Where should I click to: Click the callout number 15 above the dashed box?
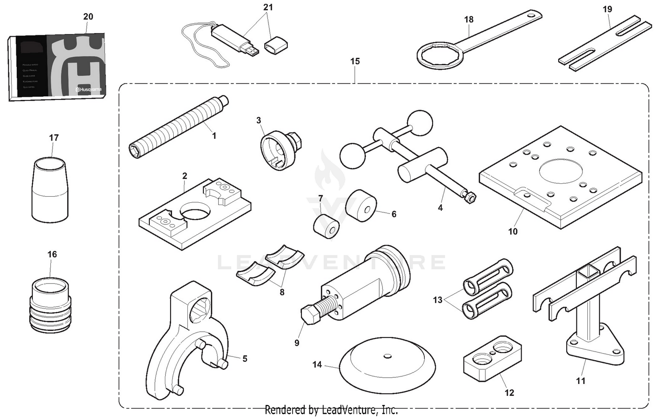pyautogui.click(x=355, y=61)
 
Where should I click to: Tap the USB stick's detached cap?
pyautogui.click(x=276, y=46)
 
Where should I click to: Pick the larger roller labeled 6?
pyautogui.click(x=361, y=206)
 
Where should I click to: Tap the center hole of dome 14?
pyautogui.click(x=388, y=356)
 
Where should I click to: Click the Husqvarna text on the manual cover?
pyautogui.click(x=88, y=90)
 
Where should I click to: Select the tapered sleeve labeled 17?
pyautogui.click(x=50, y=190)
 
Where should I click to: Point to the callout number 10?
pyautogui.click(x=512, y=232)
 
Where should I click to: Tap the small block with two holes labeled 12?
pyautogui.click(x=492, y=361)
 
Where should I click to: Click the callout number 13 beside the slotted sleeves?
pyautogui.click(x=438, y=300)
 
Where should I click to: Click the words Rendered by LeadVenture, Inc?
pyautogui.click(x=331, y=410)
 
